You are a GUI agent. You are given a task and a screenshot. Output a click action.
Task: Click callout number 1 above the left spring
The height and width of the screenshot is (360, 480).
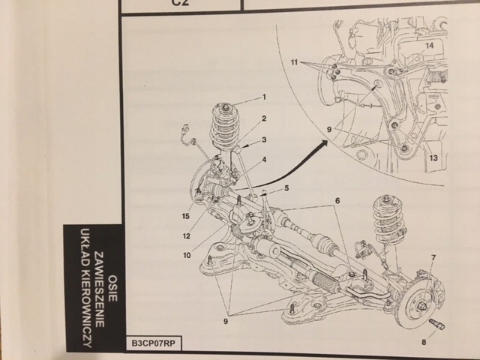[x=264, y=97]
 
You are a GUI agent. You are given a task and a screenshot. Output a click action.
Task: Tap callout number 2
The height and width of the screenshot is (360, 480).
[x=264, y=118]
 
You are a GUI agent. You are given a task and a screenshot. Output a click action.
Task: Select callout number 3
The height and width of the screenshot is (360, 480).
[x=264, y=140]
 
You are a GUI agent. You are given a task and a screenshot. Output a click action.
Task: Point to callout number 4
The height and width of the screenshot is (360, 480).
[x=264, y=159]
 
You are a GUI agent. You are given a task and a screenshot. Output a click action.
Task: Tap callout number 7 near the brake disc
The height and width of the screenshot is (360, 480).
[x=433, y=258]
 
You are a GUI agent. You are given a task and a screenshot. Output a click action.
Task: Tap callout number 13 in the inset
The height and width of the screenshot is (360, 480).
[x=433, y=157]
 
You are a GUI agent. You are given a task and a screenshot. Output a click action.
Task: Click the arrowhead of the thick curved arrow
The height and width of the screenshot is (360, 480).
[x=320, y=145]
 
